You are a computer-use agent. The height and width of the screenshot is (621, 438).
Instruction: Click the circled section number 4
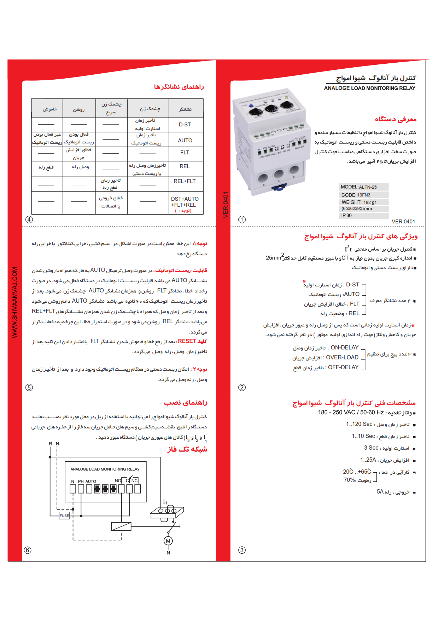tap(29, 220)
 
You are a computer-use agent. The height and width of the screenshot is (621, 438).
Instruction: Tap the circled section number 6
tap(28, 550)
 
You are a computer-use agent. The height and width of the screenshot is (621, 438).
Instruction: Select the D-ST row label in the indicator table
tap(185, 125)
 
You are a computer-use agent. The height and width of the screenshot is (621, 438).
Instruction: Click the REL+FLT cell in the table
tap(185, 181)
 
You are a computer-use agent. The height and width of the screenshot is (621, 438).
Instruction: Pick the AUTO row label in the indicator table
tap(185, 141)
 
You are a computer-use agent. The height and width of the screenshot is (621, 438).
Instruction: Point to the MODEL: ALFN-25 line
tap(358, 187)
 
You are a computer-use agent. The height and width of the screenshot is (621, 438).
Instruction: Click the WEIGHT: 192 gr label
tap(358, 202)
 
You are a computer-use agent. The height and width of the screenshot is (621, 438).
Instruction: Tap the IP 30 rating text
tap(346, 215)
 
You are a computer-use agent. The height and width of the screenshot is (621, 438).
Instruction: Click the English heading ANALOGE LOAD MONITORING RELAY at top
tap(369, 88)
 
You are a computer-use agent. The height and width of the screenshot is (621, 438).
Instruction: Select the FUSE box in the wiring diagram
tap(64, 515)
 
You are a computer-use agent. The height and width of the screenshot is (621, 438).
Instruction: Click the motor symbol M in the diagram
tap(168, 541)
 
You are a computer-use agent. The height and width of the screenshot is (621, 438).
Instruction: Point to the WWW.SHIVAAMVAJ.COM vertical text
tap(14, 302)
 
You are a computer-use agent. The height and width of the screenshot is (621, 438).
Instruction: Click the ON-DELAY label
tap(344, 348)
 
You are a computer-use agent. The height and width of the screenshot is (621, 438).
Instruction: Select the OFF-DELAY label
tap(343, 368)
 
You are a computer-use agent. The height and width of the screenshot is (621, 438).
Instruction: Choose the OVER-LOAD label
tap(342, 358)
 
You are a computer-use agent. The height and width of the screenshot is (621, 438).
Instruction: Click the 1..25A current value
tap(368, 460)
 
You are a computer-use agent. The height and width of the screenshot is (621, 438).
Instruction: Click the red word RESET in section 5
tap(187, 341)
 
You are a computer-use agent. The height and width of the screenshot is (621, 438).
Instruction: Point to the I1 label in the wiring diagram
tap(165, 502)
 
